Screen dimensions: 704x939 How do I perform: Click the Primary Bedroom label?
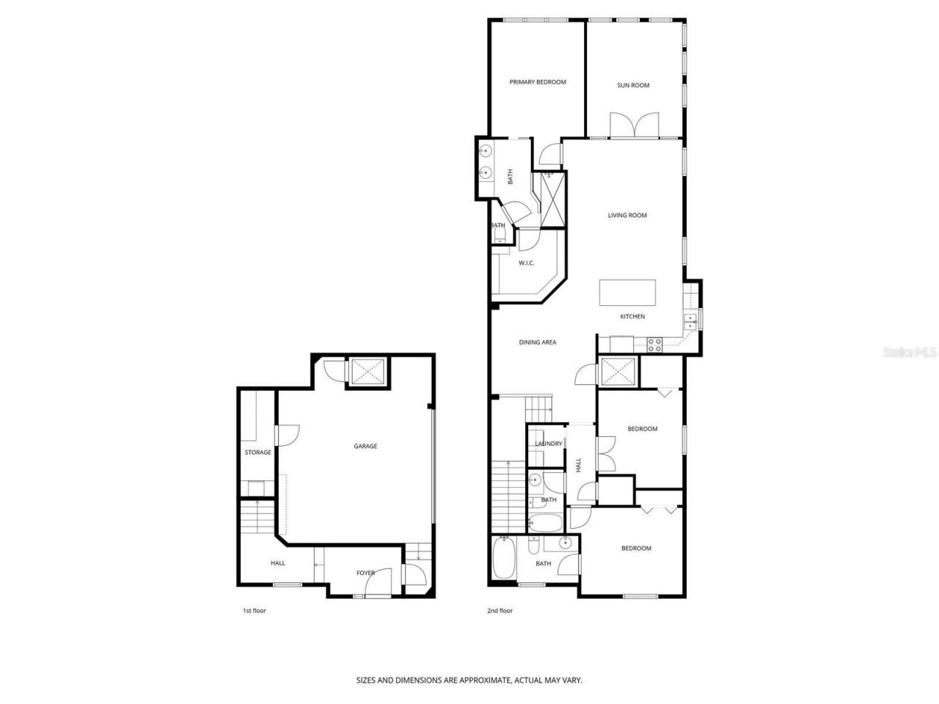pyautogui.click(x=538, y=82)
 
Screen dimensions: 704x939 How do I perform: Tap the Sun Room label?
pyautogui.click(x=633, y=85)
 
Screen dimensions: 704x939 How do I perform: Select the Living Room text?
pyautogui.click(x=627, y=216)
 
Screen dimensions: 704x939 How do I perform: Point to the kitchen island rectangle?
pyautogui.click(x=627, y=292)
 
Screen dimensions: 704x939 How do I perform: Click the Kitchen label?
pyautogui.click(x=632, y=317)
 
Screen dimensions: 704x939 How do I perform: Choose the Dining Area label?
pyautogui.click(x=538, y=342)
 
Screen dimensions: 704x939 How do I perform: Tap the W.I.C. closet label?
pyautogui.click(x=525, y=263)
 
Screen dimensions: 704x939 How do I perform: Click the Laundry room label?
pyautogui.click(x=549, y=444)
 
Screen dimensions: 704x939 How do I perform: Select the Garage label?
pyautogui.click(x=365, y=446)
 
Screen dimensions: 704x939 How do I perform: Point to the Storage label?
pyautogui.click(x=257, y=452)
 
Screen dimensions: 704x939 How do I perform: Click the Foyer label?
pyautogui.click(x=365, y=573)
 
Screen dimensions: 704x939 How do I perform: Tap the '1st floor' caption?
pyautogui.click(x=254, y=610)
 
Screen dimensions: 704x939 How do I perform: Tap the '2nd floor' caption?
pyautogui.click(x=500, y=610)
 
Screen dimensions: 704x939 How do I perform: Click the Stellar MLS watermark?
pyautogui.click(x=910, y=353)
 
